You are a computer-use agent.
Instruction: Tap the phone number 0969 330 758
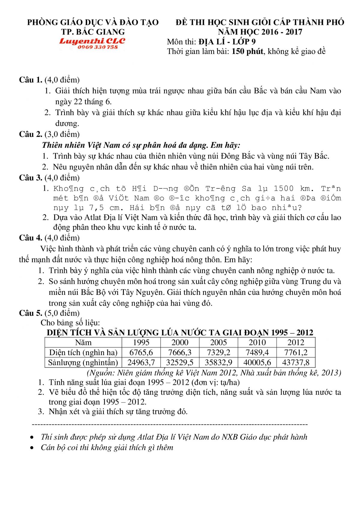(97, 47)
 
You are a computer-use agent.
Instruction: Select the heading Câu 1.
(31, 80)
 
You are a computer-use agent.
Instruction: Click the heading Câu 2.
(31, 134)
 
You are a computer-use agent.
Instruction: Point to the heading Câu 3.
(31, 178)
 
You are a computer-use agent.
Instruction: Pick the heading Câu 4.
(31, 238)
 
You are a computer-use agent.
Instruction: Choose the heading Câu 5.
(31, 313)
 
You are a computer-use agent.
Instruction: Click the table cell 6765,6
(141, 352)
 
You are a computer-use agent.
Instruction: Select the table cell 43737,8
(296, 362)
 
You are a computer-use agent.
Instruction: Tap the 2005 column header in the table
(218, 343)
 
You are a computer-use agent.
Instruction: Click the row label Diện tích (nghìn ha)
(83, 352)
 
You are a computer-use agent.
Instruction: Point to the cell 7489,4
(257, 352)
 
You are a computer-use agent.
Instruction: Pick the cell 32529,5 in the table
(180, 362)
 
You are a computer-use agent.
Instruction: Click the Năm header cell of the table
(83, 343)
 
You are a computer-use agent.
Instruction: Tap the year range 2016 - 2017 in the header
(281, 32)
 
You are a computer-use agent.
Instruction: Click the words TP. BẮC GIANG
(93, 32)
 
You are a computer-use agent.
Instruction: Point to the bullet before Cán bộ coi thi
(32, 448)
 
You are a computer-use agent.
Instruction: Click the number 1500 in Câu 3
(283, 189)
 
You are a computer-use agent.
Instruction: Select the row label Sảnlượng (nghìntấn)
(83, 362)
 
